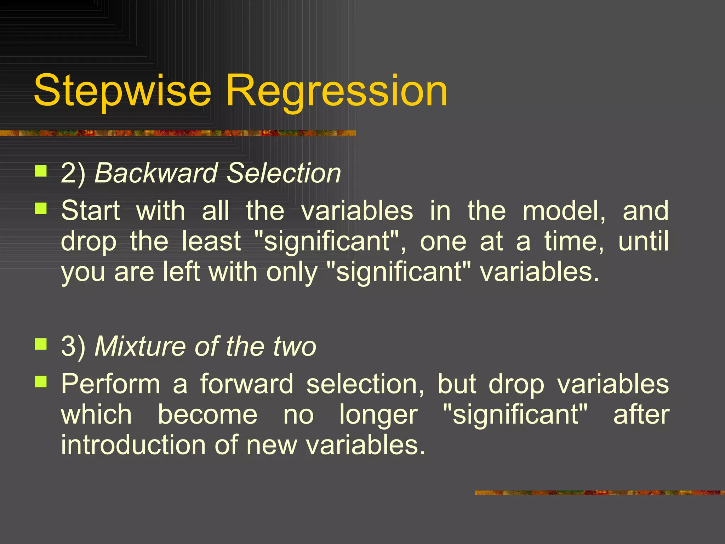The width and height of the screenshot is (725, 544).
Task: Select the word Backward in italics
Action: pyautogui.click(x=156, y=173)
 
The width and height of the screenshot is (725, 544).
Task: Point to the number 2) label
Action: pyautogui.click(x=73, y=173)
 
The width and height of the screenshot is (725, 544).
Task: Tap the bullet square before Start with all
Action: pyautogui.click(x=41, y=209)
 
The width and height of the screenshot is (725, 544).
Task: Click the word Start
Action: pyautogui.click(x=91, y=211)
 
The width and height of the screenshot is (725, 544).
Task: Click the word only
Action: pyautogui.click(x=292, y=272)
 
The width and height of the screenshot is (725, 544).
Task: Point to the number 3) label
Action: pyautogui.click(x=73, y=346)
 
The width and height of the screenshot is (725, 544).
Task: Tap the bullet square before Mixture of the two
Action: pyautogui.click(x=41, y=344)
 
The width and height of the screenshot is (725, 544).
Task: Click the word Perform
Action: pyautogui.click(x=110, y=384)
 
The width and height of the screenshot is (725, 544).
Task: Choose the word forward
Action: pyautogui.click(x=247, y=384)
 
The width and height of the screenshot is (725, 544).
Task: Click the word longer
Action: pyautogui.click(x=378, y=415)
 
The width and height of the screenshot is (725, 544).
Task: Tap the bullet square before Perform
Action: pyautogui.click(x=41, y=381)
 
